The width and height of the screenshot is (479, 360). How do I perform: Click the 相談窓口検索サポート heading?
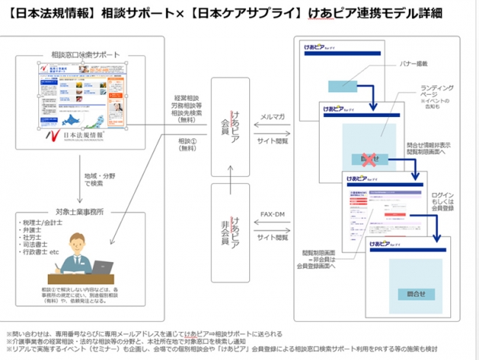point(83,54)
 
